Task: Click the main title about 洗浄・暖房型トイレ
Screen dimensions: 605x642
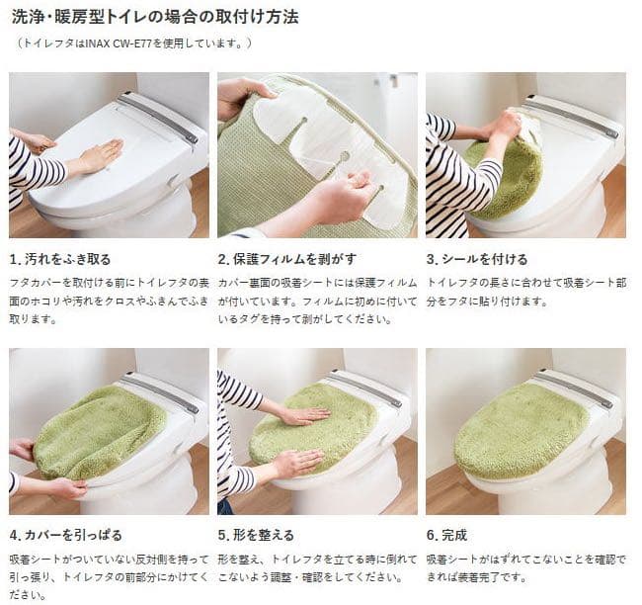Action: click(154, 17)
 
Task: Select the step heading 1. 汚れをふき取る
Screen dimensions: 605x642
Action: click(60, 259)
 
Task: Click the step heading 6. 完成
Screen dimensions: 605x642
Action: click(446, 535)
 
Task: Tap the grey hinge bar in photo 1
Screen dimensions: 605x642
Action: click(158, 116)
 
